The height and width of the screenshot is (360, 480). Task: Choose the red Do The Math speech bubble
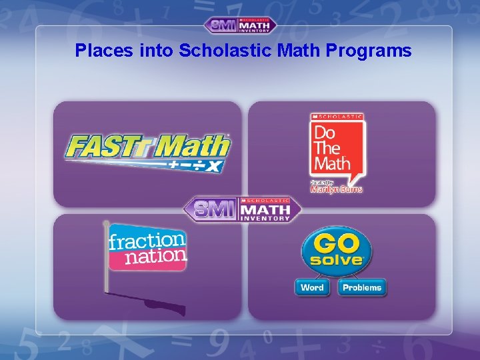pyautogui.click(x=337, y=148)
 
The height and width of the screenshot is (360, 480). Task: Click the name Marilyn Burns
pyautogui.click(x=337, y=189)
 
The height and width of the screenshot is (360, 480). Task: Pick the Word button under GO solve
pyautogui.click(x=312, y=288)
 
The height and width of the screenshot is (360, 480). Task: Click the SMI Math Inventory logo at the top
pyautogui.click(x=240, y=25)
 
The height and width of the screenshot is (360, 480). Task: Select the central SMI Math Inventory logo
pyautogui.click(x=243, y=210)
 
